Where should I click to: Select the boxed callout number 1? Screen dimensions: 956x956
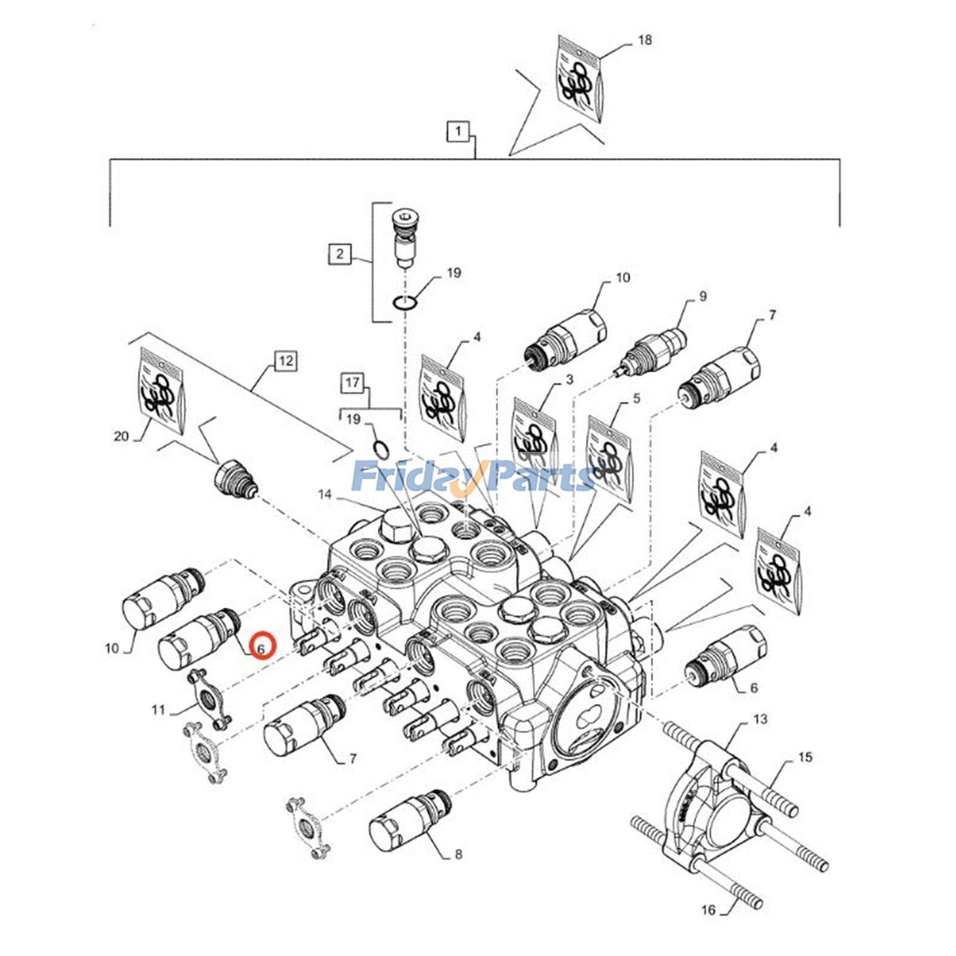(x=458, y=131)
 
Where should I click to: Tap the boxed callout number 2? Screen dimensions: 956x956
(x=339, y=254)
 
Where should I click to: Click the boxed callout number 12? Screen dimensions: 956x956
(x=286, y=360)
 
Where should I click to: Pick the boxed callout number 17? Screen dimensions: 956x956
(x=353, y=382)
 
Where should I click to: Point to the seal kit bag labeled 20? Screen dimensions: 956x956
(x=160, y=390)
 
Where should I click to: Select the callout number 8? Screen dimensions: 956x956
(x=458, y=854)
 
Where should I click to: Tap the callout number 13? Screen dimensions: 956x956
(x=760, y=719)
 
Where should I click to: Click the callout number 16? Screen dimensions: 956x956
(x=708, y=910)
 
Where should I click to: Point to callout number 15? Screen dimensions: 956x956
(x=805, y=757)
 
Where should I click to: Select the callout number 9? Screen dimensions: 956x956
(x=703, y=296)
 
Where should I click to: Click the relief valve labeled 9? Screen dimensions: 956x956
(x=652, y=351)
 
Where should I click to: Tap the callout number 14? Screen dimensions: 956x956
(x=324, y=494)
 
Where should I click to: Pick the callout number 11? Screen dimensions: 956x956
(x=158, y=710)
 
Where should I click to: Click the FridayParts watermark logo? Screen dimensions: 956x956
(x=472, y=476)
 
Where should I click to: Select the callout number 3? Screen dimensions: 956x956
(x=569, y=379)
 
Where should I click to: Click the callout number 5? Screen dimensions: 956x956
(x=636, y=397)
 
